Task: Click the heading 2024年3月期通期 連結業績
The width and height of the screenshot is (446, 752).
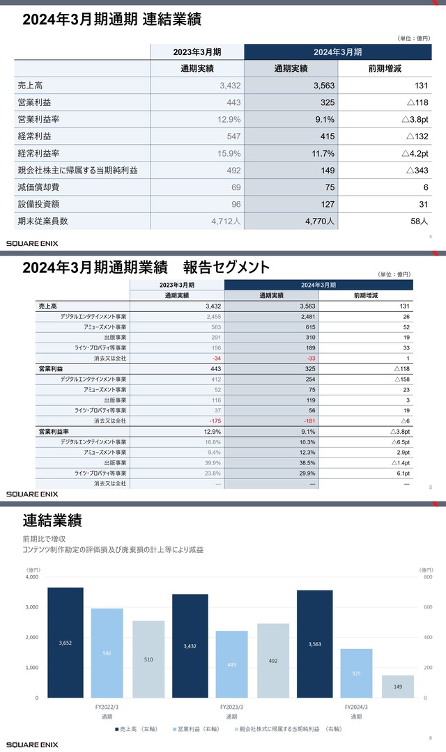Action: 111,19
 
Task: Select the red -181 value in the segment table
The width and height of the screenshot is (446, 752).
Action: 307,421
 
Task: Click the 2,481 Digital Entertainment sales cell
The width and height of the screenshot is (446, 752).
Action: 307,316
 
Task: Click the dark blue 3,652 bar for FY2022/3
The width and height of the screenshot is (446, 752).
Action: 66,642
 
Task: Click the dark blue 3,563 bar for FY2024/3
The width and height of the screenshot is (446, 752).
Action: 314,643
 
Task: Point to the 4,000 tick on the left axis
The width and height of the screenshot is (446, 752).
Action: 31,577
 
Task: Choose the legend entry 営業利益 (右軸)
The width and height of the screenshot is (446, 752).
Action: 199,729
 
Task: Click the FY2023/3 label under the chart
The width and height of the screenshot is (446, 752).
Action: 231,706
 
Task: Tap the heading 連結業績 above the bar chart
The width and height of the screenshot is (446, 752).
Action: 52,519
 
